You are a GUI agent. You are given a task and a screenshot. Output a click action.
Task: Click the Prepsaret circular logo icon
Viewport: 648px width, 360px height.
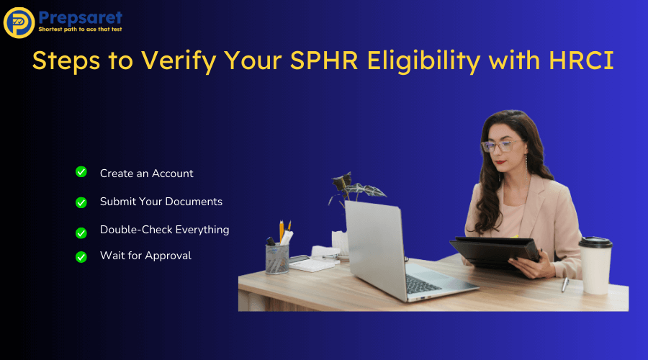pos(19,22)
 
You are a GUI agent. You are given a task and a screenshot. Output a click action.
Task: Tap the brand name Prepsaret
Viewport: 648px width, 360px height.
pos(81,17)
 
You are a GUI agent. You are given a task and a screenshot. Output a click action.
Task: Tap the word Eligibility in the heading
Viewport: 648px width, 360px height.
pos(426,62)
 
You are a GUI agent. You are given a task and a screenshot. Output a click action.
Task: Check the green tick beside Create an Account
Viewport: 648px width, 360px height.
pos(81,172)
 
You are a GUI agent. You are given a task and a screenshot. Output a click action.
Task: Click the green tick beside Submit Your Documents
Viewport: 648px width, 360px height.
pos(81,202)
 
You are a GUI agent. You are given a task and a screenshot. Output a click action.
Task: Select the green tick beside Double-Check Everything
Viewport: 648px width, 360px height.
pos(81,233)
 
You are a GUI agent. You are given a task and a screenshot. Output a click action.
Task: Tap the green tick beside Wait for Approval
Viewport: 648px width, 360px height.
pos(81,256)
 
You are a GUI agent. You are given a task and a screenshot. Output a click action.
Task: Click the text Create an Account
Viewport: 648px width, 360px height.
pos(146,174)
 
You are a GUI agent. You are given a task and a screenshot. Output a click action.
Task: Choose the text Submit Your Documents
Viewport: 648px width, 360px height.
pos(161,202)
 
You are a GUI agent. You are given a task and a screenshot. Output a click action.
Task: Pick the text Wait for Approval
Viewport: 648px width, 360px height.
pos(145,256)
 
